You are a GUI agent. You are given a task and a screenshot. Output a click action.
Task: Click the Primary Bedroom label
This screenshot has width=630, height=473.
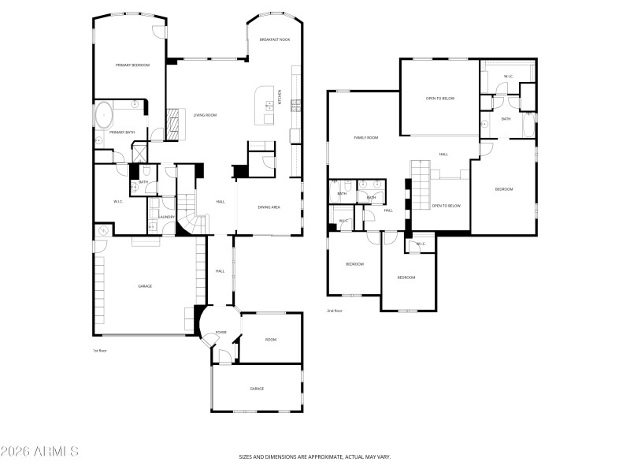(132, 65)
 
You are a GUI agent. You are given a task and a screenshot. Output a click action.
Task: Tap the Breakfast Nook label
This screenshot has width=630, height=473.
(274, 39)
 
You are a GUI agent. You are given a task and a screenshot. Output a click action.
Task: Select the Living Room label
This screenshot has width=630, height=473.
(205, 115)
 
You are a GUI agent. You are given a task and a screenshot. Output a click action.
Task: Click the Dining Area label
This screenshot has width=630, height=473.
(269, 207)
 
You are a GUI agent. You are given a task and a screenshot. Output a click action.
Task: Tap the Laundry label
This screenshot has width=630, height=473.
(166, 217)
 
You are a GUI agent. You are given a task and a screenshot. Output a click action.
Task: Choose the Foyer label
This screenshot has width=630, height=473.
(221, 332)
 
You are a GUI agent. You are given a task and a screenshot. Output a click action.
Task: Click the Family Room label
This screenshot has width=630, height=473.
(365, 138)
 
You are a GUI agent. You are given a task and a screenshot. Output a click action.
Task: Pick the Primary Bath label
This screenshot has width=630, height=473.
(122, 132)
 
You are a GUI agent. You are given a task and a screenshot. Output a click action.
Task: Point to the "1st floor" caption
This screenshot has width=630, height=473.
(100, 350)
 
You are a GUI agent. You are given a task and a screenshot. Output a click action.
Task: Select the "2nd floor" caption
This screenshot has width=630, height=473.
(335, 311)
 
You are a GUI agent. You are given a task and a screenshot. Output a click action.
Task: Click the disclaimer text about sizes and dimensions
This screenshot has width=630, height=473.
(315, 456)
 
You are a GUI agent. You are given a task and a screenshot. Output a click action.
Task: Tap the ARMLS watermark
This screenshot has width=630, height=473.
(39, 452)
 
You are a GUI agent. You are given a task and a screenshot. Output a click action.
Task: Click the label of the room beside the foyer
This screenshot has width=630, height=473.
(270, 339)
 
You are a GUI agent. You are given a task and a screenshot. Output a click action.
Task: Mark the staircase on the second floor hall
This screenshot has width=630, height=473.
(421, 178)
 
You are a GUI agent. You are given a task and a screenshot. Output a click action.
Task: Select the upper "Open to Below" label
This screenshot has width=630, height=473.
(440, 99)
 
